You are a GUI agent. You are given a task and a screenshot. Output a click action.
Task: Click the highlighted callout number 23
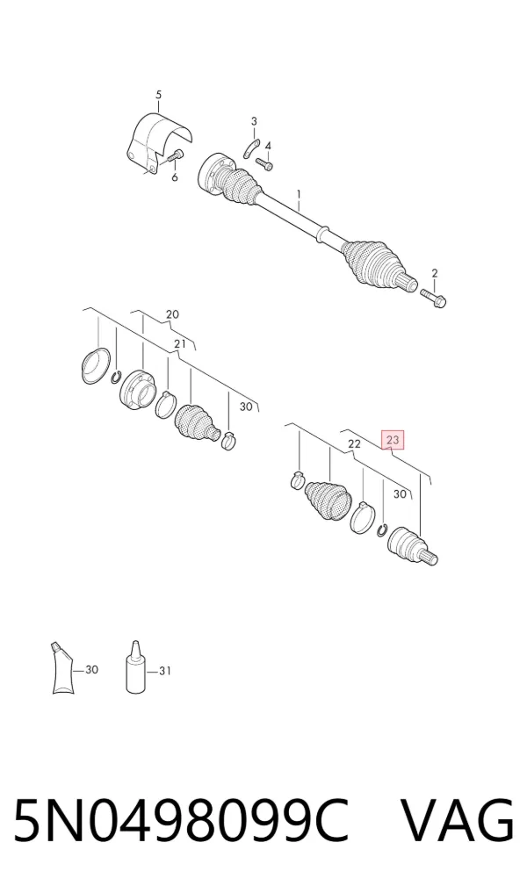click(x=393, y=440)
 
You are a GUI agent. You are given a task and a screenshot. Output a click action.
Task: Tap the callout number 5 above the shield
click(x=158, y=95)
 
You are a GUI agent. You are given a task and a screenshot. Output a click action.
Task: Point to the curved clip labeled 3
click(x=250, y=148)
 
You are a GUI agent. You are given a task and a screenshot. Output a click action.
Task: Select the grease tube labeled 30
click(x=62, y=667)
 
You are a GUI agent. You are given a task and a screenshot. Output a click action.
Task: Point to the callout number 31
click(x=164, y=671)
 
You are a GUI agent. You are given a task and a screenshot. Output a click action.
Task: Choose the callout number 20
click(x=172, y=313)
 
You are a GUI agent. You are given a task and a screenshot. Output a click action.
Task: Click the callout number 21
click(x=180, y=343)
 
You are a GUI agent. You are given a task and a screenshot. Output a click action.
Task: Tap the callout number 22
click(x=354, y=443)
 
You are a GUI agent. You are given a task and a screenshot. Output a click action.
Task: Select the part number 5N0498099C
click(x=180, y=821)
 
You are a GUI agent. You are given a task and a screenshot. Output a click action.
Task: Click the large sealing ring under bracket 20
click(x=96, y=365)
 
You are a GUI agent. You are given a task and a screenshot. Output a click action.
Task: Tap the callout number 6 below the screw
click(x=174, y=177)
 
